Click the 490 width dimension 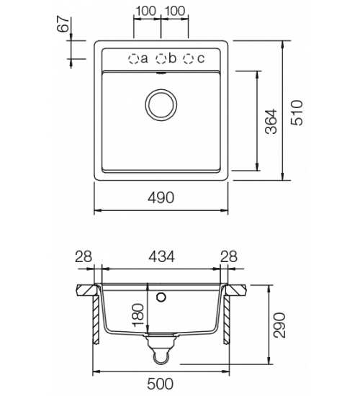(x=161, y=198)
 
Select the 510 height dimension (x=297, y=112)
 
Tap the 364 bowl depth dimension (x=271, y=122)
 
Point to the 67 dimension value (x=63, y=24)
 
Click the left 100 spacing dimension (x=146, y=11)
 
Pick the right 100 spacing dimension (x=175, y=11)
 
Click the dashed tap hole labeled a (x=133, y=59)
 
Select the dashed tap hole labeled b (x=161, y=59)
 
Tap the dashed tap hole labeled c (x=189, y=59)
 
